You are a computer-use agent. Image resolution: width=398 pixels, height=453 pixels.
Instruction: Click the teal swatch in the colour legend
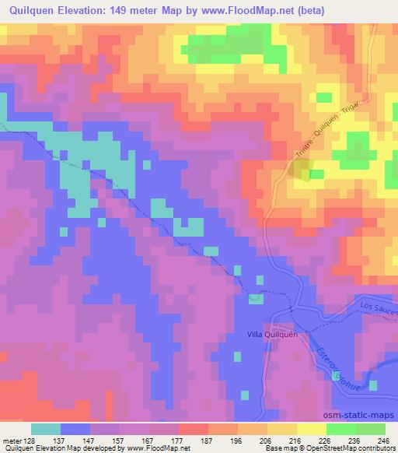(x=46, y=430)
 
